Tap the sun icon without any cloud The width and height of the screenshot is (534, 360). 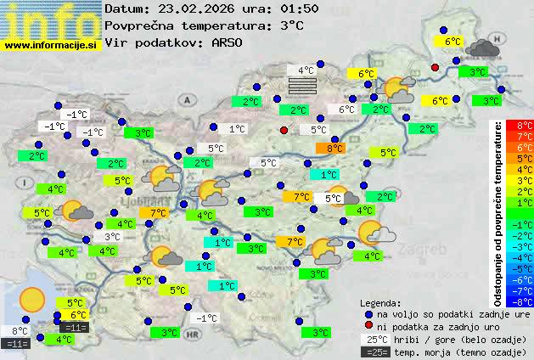pyautogui.click(x=32, y=299)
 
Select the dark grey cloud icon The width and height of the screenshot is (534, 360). pyautogui.click(x=483, y=47)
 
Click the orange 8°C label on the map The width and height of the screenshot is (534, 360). pyautogui.click(x=330, y=149)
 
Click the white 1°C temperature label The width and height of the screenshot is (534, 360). pyautogui.click(x=236, y=129)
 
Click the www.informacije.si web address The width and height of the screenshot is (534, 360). pyautogui.click(x=51, y=46)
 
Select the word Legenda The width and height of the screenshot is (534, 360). pyautogui.click(x=380, y=302)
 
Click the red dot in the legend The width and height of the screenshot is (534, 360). pyautogui.click(x=368, y=326)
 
